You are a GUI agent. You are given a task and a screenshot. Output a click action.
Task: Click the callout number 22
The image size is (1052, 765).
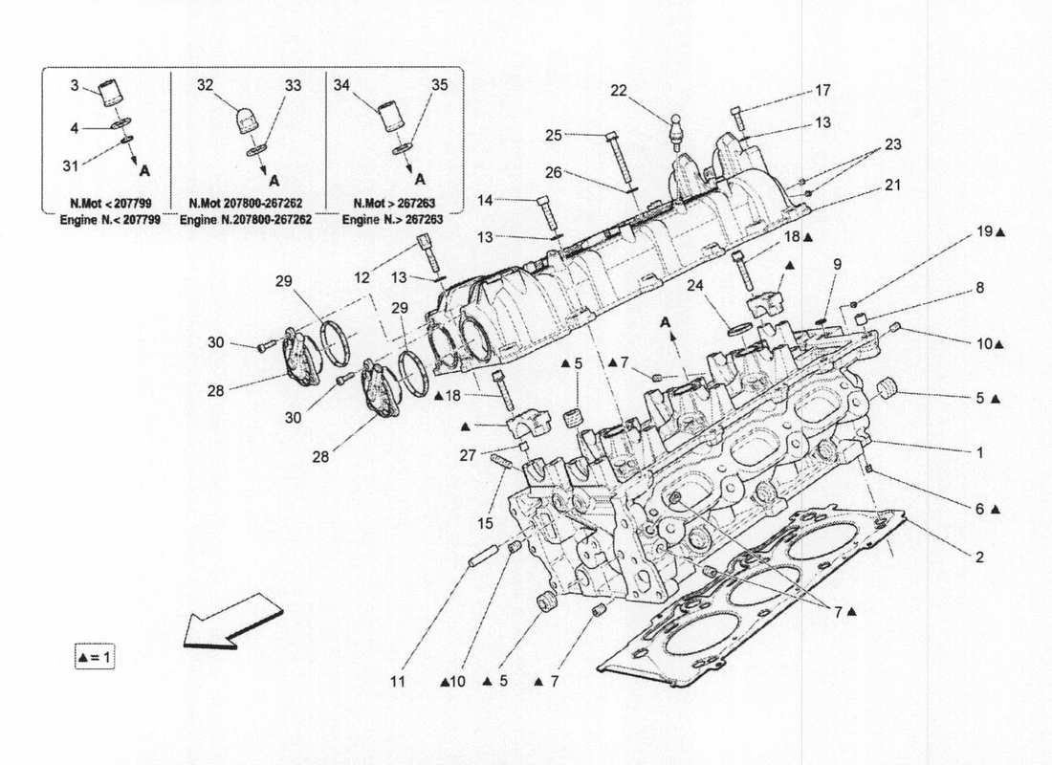click(619, 91)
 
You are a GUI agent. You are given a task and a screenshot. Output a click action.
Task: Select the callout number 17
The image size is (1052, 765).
click(822, 91)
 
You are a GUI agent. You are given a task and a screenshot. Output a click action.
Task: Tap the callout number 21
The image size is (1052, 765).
click(891, 186)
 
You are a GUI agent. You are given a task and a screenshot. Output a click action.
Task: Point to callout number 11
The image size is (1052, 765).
click(398, 682)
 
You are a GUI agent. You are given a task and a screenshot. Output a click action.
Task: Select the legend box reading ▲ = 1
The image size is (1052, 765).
click(95, 658)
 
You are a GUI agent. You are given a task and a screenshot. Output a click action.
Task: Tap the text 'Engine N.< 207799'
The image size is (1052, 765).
click(104, 219)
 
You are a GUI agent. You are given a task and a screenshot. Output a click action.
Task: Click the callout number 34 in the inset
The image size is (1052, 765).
click(341, 85)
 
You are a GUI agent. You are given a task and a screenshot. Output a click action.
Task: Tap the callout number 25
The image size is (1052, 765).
click(554, 136)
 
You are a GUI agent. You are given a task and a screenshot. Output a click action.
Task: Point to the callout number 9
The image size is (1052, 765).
click(837, 264)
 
